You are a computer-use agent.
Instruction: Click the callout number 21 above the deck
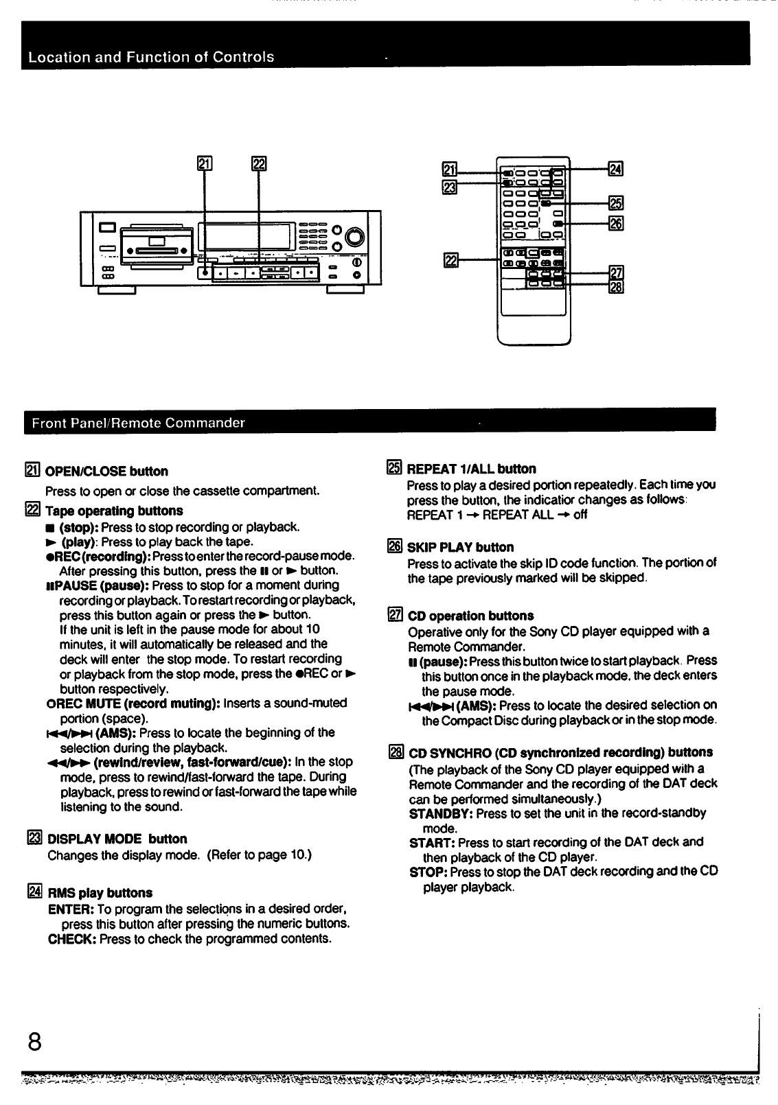click(x=204, y=163)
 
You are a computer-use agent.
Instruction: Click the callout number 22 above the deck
click(x=259, y=163)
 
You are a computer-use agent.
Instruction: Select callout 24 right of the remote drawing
click(x=615, y=169)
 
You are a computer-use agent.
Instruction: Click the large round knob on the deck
click(x=355, y=237)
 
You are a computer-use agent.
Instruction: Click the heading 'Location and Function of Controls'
click(x=151, y=57)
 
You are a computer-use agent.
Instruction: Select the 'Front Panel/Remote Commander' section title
click(x=138, y=423)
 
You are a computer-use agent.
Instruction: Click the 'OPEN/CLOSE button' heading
click(x=106, y=472)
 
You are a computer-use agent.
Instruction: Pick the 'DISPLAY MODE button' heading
click(x=117, y=839)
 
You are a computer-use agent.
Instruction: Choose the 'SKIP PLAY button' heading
click(x=460, y=548)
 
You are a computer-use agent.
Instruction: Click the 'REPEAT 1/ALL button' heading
click(x=471, y=469)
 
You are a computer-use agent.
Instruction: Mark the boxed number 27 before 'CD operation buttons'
click(x=395, y=616)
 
